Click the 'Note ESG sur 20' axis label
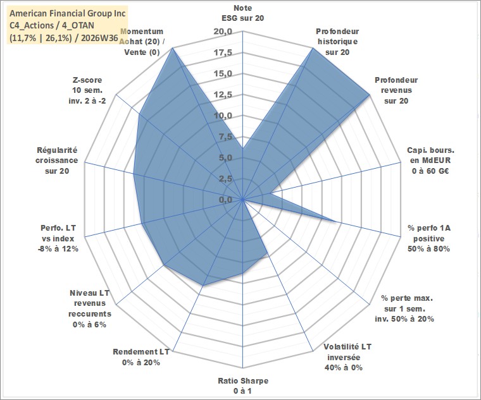coord(242,13)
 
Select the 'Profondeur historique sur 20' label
coord(337,42)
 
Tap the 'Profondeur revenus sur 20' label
coord(396,90)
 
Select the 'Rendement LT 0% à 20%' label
coord(141,357)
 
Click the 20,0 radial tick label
coord(223,31)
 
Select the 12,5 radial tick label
coord(223,95)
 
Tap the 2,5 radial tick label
coord(225,179)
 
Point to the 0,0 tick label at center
coord(225,200)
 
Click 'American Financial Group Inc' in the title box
coord(68,13)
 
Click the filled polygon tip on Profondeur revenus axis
coord(370,95)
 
